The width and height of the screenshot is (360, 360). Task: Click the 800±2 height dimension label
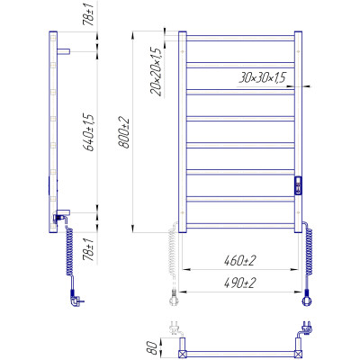124,132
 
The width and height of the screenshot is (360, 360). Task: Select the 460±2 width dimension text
239,261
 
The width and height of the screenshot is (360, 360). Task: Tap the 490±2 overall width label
239,283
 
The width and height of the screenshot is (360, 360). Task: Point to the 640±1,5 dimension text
89,132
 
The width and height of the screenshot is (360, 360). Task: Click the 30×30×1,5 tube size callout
262,78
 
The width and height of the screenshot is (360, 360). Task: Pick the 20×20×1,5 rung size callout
157,72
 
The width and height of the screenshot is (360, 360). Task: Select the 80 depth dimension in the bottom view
153,348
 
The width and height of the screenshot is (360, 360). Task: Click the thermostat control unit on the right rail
298,185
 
